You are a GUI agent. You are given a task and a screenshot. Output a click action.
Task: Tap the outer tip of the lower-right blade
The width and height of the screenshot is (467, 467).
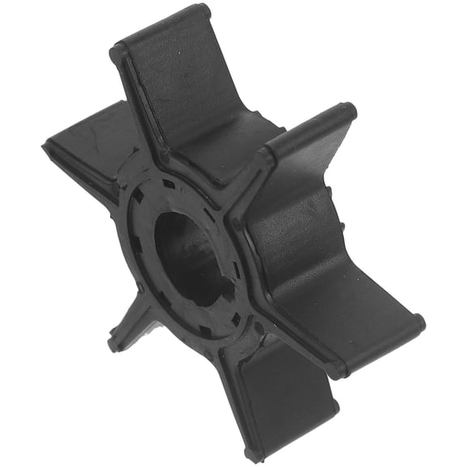click(413, 324)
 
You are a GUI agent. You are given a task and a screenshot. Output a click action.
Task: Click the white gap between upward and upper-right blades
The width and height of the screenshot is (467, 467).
click(268, 81)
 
